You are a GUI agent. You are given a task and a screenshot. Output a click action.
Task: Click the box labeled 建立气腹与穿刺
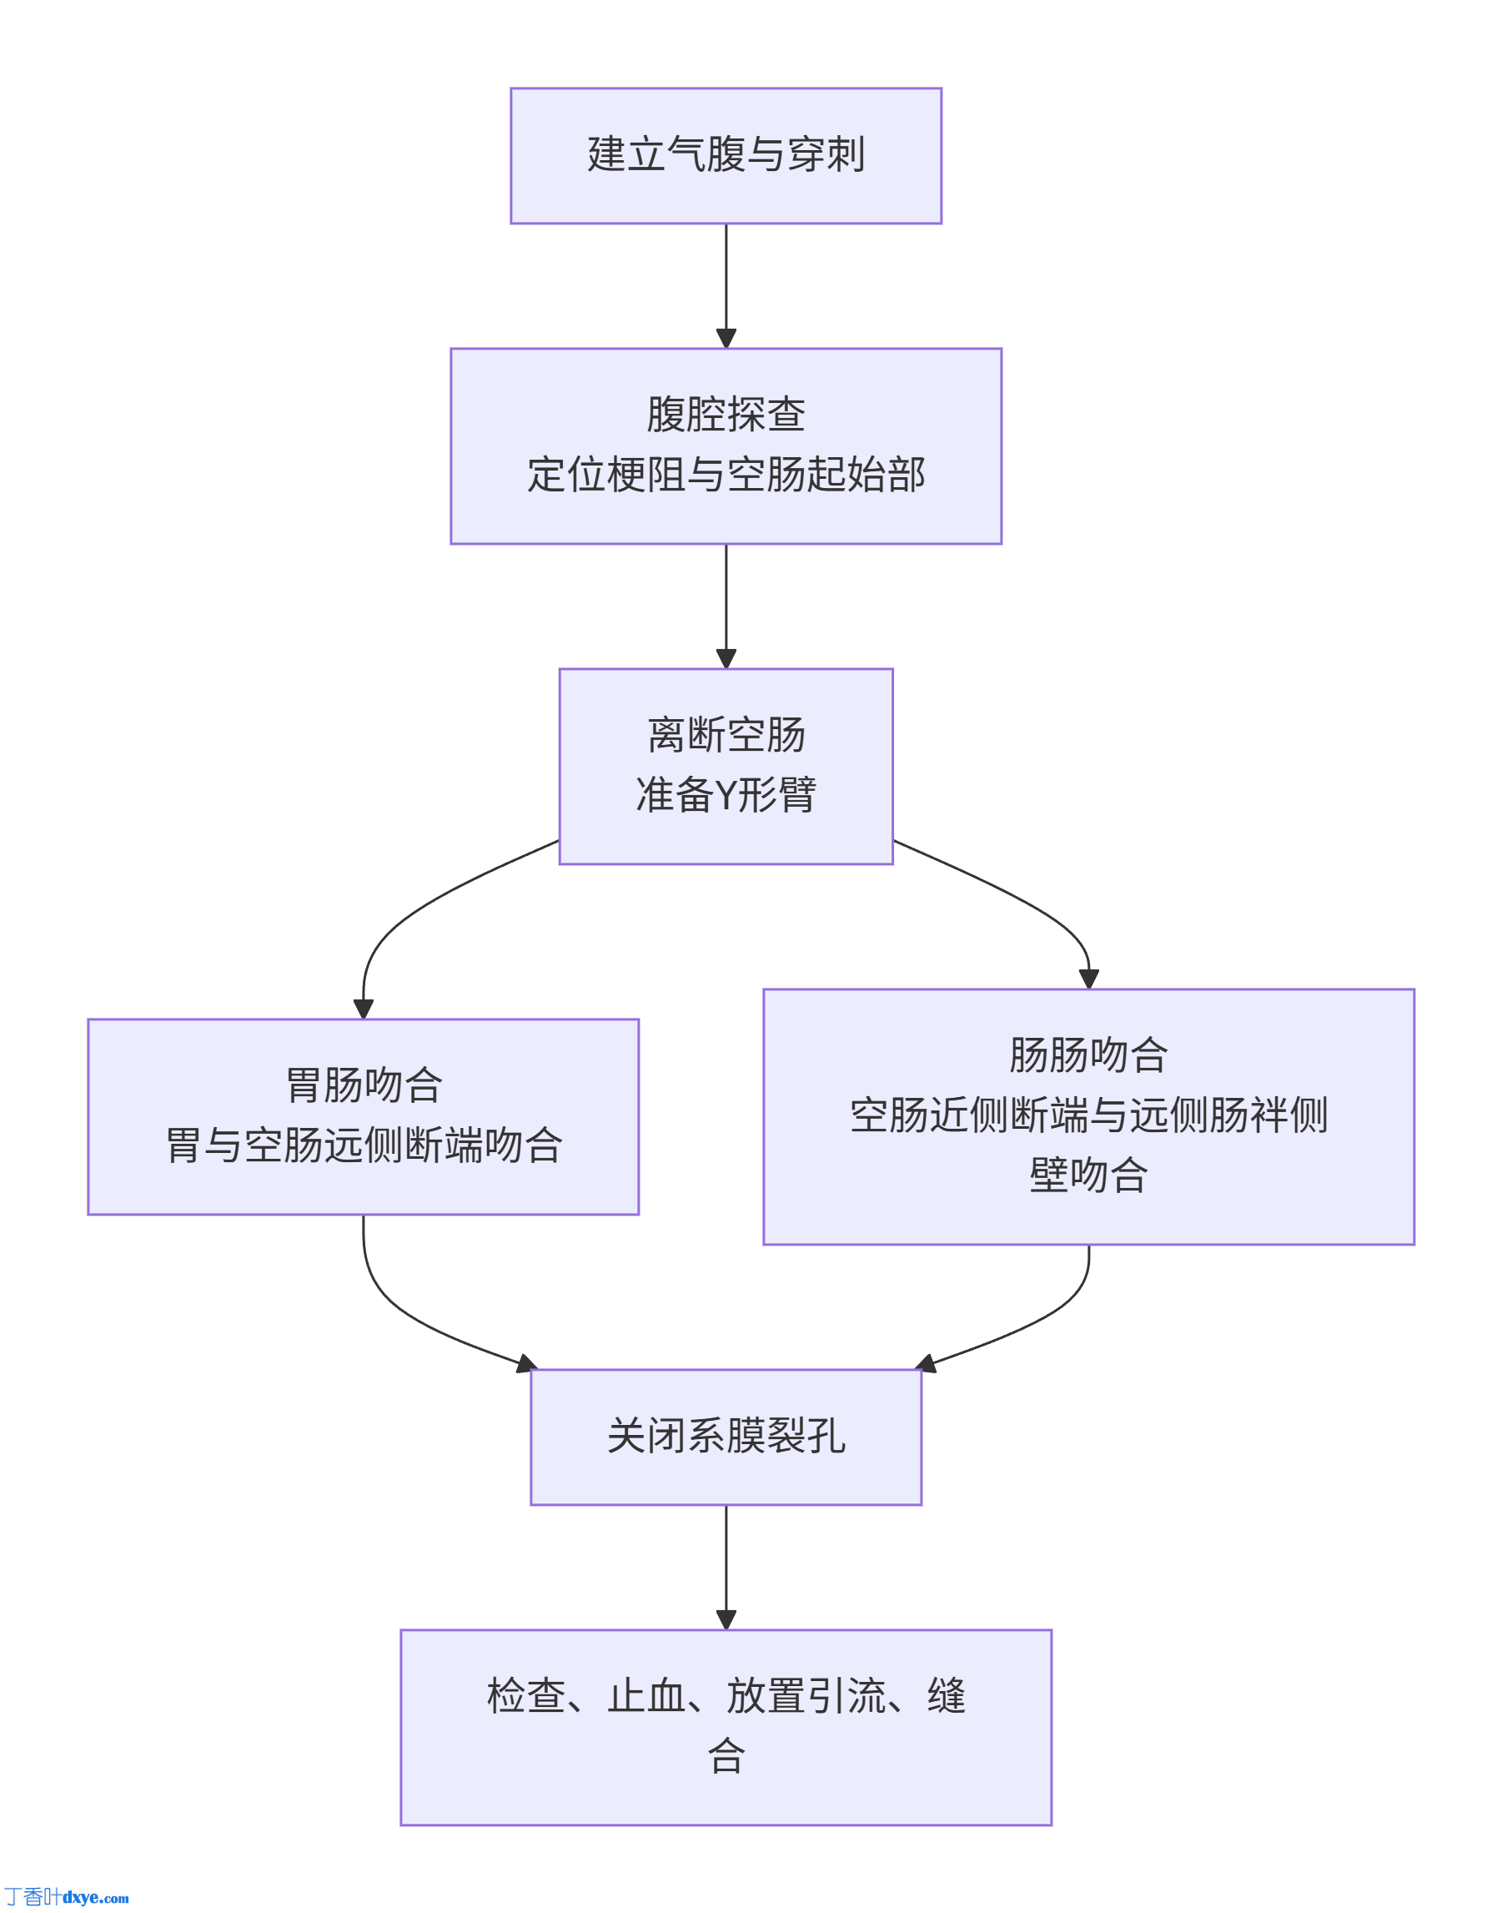pyautogui.click(x=726, y=156)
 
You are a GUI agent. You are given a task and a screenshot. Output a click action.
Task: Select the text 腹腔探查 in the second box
pyautogui.click(x=726, y=415)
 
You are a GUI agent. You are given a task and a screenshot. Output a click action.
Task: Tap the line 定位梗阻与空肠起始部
pyautogui.click(x=726, y=475)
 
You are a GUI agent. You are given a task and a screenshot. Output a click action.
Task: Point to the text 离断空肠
pyautogui.click(x=726, y=734)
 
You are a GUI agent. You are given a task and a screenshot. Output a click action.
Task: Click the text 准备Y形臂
pyautogui.click(x=726, y=795)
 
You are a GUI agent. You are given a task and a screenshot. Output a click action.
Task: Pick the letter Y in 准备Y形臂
pyautogui.click(x=725, y=796)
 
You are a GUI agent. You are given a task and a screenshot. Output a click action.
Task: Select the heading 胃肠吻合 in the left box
pyautogui.click(x=363, y=1085)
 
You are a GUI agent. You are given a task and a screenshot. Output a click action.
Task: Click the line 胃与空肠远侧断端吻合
pyautogui.click(x=363, y=1145)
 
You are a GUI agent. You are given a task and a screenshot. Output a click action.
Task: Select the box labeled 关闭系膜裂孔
pyautogui.click(x=726, y=1437)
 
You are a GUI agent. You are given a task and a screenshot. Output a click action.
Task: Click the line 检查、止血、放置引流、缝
pyautogui.click(x=726, y=1696)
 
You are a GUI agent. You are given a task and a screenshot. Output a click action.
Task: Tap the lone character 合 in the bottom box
pyautogui.click(x=726, y=1756)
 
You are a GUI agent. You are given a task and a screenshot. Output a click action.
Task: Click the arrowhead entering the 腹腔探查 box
pyautogui.click(x=726, y=339)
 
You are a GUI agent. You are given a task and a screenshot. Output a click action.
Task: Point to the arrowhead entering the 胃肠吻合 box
pyautogui.click(x=363, y=1009)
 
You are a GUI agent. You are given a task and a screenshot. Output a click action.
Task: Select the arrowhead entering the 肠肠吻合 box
pyautogui.click(x=1088, y=979)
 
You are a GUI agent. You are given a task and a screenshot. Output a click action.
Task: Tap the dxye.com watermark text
pyautogui.click(x=95, y=1898)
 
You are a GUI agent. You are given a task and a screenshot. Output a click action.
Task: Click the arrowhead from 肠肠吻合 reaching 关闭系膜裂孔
pyautogui.click(x=926, y=1364)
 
